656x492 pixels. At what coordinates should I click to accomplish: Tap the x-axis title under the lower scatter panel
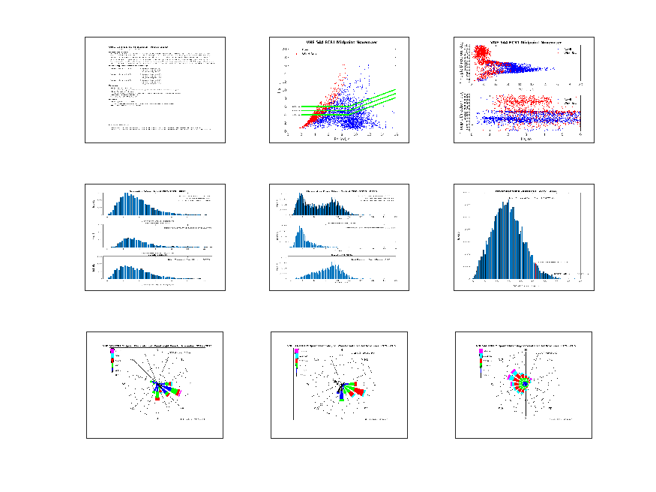525,139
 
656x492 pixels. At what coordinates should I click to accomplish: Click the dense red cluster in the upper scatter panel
480,55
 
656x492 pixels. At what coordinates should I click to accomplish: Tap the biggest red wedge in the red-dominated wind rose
358,391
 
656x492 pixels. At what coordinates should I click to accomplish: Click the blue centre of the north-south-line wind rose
526,383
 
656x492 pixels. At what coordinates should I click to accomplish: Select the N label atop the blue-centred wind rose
526,349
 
